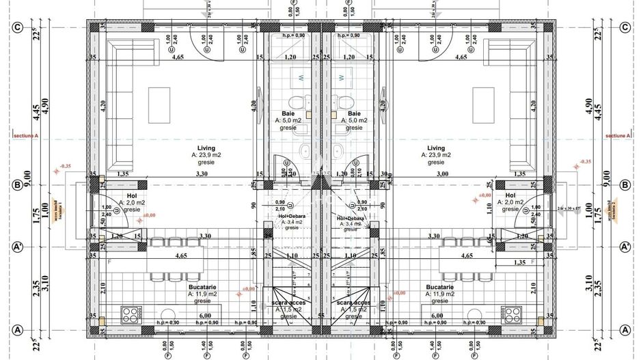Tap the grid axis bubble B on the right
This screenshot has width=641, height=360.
624,184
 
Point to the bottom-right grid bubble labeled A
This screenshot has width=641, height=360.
624,330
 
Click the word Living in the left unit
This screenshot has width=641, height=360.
206,148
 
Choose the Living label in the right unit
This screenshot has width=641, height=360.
436,148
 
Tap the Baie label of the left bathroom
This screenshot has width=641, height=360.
288,113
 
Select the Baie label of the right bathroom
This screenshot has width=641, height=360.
354,113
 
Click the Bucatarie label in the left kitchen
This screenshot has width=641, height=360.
204,288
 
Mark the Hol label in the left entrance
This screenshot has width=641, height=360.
132,195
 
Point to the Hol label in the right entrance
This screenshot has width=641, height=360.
510,195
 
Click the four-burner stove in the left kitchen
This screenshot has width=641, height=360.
130,314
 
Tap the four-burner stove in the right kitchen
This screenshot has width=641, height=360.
511,314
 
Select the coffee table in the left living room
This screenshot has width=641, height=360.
160,96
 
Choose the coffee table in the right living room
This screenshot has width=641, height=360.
482,96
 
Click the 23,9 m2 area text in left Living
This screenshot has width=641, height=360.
207,155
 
